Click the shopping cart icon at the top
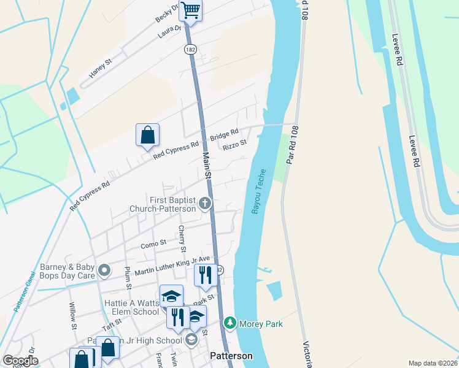pyautogui.click(x=191, y=10)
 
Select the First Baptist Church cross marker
pyautogui.click(x=204, y=203)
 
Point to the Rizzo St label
pyautogui.click(x=234, y=145)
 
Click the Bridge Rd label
pyautogui.click(x=224, y=135)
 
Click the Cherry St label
pyautogui.click(x=182, y=239)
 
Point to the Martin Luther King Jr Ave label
pyautogui.click(x=172, y=266)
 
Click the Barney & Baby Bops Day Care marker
pyautogui.click(x=104, y=269)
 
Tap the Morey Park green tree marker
pyautogui.click(x=230, y=323)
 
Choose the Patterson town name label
pyautogui.click(x=231, y=356)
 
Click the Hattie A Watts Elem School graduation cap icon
pyautogui.click(x=171, y=296)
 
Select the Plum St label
pyautogui.click(x=128, y=277)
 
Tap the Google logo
pyautogui.click(x=21, y=361)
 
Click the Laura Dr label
pyautogui.click(x=170, y=31)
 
